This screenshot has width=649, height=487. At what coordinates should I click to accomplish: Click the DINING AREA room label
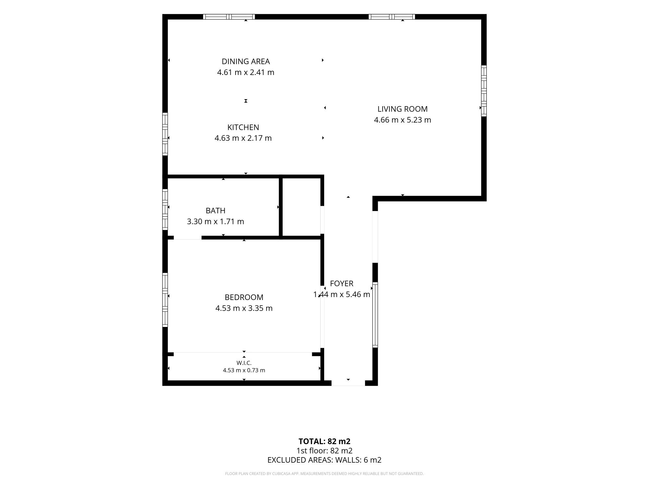246,61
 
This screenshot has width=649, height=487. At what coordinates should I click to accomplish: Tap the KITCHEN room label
243,127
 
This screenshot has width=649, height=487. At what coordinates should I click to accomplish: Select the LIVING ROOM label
402,109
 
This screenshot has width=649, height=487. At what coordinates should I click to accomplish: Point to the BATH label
215,211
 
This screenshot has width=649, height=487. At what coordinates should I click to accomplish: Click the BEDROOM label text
244,297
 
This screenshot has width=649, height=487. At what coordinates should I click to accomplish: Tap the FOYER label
342,284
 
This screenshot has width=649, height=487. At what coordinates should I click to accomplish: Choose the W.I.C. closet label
244,363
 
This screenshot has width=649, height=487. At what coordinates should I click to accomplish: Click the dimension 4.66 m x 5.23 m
402,120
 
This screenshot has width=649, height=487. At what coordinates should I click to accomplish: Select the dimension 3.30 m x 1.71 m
215,222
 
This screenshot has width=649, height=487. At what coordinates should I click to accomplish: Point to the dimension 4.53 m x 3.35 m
244,308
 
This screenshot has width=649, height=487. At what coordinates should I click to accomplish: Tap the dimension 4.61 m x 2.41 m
246,72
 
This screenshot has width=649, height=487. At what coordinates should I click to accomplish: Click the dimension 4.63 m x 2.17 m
243,138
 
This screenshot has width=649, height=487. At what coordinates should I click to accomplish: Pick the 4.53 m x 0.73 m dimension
244,370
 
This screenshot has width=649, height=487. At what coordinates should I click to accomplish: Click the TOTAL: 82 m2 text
324,442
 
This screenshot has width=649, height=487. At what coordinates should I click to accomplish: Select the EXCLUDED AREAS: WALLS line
324,460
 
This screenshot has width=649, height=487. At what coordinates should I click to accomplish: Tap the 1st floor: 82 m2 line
324,451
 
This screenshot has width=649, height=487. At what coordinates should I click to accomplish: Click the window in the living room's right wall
484,91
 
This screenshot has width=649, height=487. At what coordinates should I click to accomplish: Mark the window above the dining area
229,17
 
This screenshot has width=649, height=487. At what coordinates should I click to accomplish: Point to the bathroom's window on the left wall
165,209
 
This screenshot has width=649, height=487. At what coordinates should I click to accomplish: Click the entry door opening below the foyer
348,383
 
